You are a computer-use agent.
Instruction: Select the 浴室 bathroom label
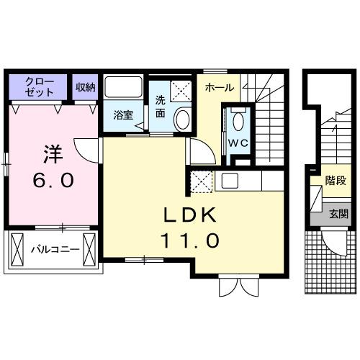(x=122, y=114)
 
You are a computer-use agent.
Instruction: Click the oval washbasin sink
(x=183, y=119)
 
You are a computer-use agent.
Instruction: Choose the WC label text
(x=238, y=143)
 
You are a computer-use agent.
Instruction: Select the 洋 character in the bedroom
(x=51, y=153)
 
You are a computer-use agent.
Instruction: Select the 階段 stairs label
(x=336, y=180)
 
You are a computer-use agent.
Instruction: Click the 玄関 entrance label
(x=338, y=214)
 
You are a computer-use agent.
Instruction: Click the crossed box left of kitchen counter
(x=201, y=181)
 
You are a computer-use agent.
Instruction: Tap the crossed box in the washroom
(x=180, y=91)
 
